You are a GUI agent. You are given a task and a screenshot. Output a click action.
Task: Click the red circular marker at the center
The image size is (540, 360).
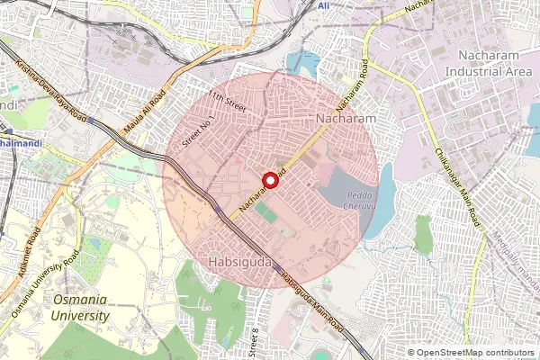tap(270, 180)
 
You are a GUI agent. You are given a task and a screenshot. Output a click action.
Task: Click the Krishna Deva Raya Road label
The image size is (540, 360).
tap(51, 90)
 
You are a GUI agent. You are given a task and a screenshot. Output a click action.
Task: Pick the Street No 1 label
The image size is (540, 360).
tap(196, 130)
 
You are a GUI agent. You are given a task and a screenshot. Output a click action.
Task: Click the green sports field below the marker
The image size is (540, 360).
tap(266, 214)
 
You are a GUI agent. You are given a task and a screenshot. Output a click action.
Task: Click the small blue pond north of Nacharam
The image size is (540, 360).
tap(303, 62)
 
